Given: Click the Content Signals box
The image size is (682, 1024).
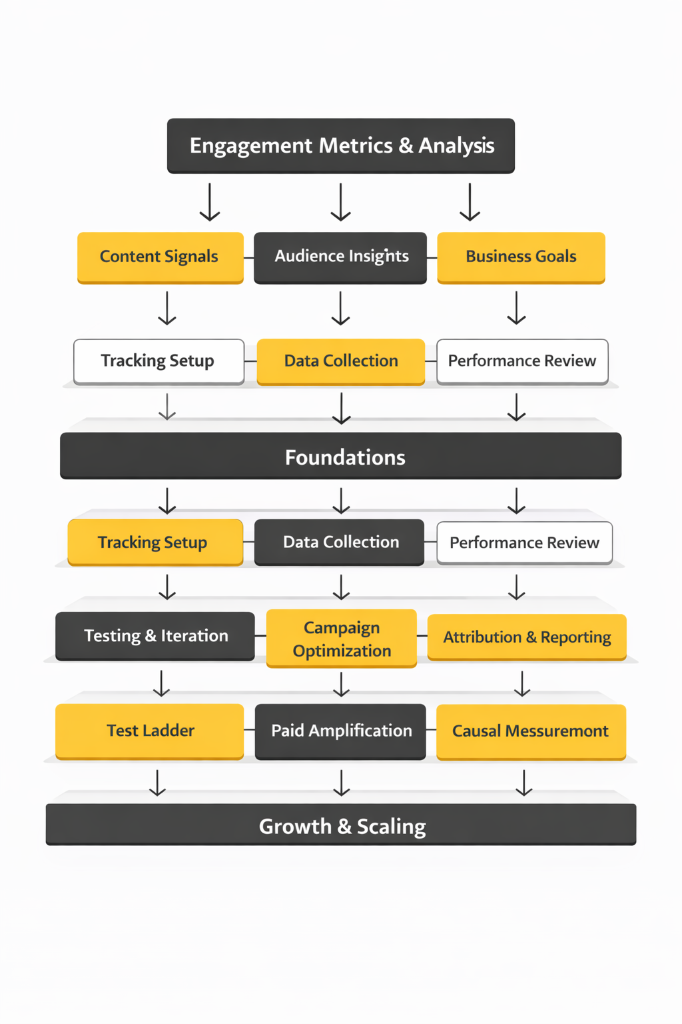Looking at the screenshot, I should [160, 257].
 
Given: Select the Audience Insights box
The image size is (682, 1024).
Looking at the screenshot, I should [340, 257].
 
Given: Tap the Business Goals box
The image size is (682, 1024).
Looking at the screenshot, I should [521, 257].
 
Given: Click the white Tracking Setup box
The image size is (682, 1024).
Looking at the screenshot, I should [159, 361].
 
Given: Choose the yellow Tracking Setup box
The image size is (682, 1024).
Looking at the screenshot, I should [155, 542].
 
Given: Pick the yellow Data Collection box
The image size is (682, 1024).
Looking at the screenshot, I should [341, 361].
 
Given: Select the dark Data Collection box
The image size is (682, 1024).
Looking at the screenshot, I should [340, 542].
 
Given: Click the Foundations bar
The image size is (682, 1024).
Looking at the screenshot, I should [341, 457].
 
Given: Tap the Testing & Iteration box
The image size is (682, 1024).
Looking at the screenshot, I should [155, 636].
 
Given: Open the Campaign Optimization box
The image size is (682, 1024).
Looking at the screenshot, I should [342, 638].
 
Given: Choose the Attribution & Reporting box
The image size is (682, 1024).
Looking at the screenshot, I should [527, 637].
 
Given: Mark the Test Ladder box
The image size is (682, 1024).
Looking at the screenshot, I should [150, 731].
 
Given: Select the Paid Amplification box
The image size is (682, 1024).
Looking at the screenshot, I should [340, 731].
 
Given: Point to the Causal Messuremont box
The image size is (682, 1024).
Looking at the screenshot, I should [531, 731].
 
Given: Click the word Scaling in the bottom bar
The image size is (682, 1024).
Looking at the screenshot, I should [391, 827].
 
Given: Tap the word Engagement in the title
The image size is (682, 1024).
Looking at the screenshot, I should [251, 145].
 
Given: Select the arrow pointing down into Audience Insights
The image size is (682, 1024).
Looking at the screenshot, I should [341, 203].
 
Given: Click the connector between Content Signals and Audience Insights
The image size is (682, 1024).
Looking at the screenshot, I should [249, 257].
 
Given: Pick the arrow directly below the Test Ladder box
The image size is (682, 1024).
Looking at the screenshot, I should [157, 783].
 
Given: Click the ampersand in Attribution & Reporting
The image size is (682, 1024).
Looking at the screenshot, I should [531, 637].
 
